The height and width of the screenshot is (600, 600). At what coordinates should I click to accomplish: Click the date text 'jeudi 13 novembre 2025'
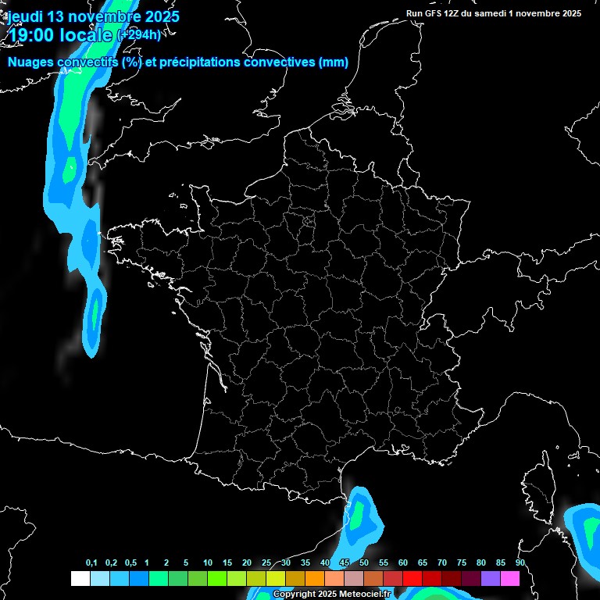coord(93,16)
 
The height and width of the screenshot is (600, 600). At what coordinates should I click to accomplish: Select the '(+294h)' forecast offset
coord(138,34)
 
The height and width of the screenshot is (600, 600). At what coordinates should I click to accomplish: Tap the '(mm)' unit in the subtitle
coord(334,62)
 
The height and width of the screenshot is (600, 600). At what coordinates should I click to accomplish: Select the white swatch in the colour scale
coord(80,579)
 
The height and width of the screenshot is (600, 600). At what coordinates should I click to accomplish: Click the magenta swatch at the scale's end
coord(510,579)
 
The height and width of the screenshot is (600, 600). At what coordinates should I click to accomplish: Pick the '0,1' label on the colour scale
coord(91,563)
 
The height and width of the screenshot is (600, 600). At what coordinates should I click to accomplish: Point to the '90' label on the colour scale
coord(520,563)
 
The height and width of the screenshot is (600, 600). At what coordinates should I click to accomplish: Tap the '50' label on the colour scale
coord(364,563)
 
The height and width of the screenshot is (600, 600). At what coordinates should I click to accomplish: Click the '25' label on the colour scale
coord(266,563)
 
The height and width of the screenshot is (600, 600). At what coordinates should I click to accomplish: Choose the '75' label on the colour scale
coord(462,563)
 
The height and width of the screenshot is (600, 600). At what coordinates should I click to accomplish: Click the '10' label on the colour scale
coord(208,563)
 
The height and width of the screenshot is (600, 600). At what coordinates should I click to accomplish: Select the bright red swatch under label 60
coord(412,579)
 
